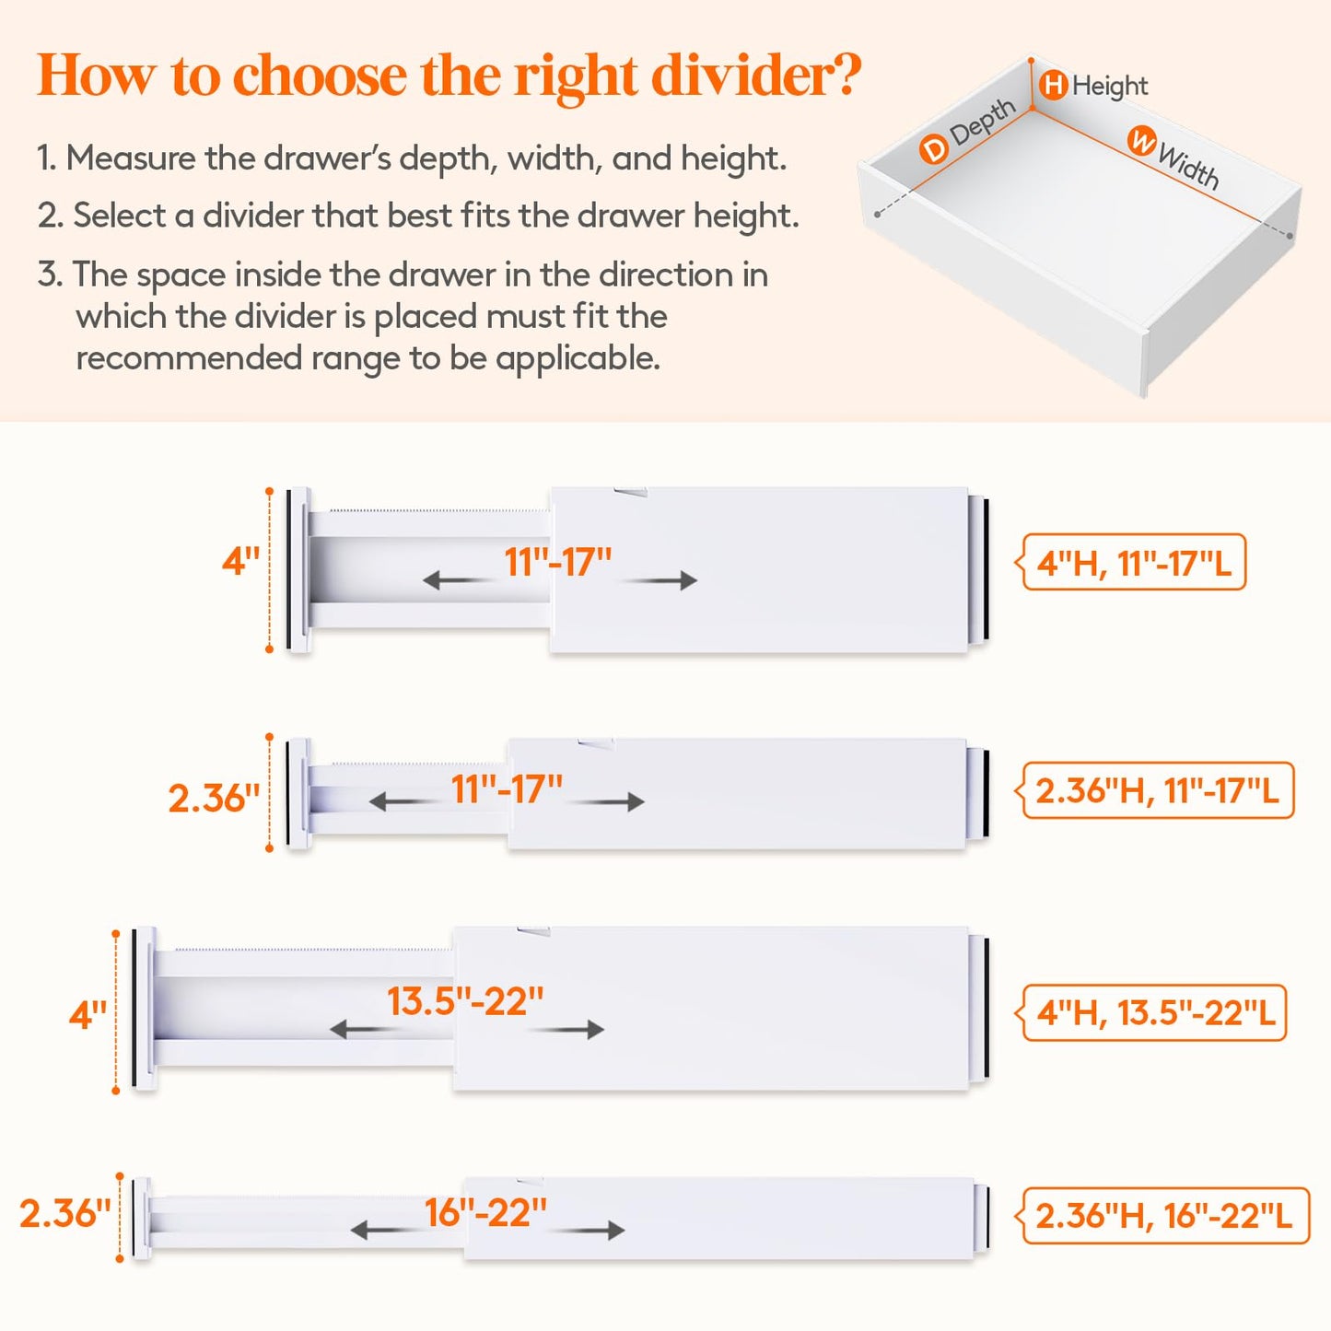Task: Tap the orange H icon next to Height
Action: click(1053, 86)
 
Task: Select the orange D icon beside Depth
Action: click(933, 148)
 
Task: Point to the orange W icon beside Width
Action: click(1142, 142)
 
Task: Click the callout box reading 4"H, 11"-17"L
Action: click(1134, 562)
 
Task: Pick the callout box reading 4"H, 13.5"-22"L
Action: click(1155, 1012)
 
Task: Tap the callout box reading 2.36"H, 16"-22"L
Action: click(1163, 1216)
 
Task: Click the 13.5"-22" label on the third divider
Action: click(465, 1001)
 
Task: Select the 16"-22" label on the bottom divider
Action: click(485, 1213)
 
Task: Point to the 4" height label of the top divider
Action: click(240, 561)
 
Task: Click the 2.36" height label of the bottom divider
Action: click(64, 1213)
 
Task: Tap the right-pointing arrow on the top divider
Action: click(660, 580)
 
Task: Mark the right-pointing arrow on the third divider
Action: click(566, 1029)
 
